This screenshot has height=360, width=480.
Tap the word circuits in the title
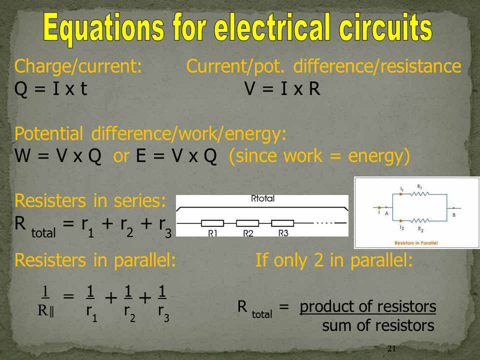(385, 27)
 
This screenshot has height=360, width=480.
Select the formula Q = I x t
(51, 89)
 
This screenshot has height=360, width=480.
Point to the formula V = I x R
(282, 89)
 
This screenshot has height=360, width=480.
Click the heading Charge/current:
(78, 66)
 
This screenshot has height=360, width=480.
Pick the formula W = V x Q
(58, 156)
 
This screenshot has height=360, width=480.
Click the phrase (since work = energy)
(319, 156)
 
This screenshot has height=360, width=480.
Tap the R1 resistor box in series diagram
(212, 223)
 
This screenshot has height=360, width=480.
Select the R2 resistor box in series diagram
(247, 223)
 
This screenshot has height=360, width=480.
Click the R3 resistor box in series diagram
(282, 223)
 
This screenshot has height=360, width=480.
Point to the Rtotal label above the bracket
(262, 198)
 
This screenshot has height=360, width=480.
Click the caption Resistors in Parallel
(416, 243)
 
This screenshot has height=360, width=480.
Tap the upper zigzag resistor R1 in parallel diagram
(419, 194)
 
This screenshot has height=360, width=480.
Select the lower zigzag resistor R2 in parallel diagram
(419, 220)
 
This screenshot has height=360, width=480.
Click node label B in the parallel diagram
(454, 215)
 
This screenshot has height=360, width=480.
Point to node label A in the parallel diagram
(386, 213)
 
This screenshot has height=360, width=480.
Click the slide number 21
(391, 348)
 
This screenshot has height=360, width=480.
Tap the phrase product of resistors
(368, 306)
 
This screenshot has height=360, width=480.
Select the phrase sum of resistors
(378, 325)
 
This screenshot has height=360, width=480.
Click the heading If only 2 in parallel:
(334, 260)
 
